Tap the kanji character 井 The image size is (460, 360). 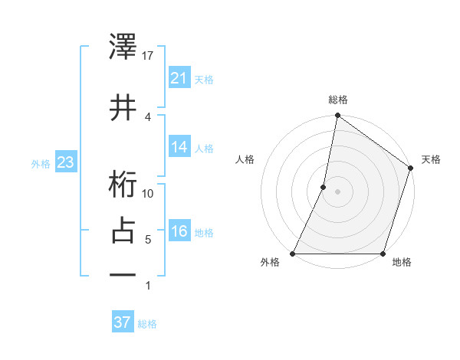123,106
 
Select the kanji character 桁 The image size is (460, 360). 123,185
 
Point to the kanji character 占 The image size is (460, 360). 123,231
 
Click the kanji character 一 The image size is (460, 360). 123,277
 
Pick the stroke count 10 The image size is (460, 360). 148,193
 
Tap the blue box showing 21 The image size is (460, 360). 179,78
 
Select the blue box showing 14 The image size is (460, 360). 179,147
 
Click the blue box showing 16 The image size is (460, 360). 179,232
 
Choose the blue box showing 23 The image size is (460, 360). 65,163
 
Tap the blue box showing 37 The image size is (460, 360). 123,323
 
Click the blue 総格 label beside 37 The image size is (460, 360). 147,324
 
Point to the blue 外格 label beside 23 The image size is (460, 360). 41,164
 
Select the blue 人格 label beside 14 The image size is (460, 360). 204,148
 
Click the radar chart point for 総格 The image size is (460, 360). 337,115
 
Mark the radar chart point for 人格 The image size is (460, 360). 324,187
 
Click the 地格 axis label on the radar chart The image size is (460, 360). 402,263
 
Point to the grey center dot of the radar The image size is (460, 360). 337,191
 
